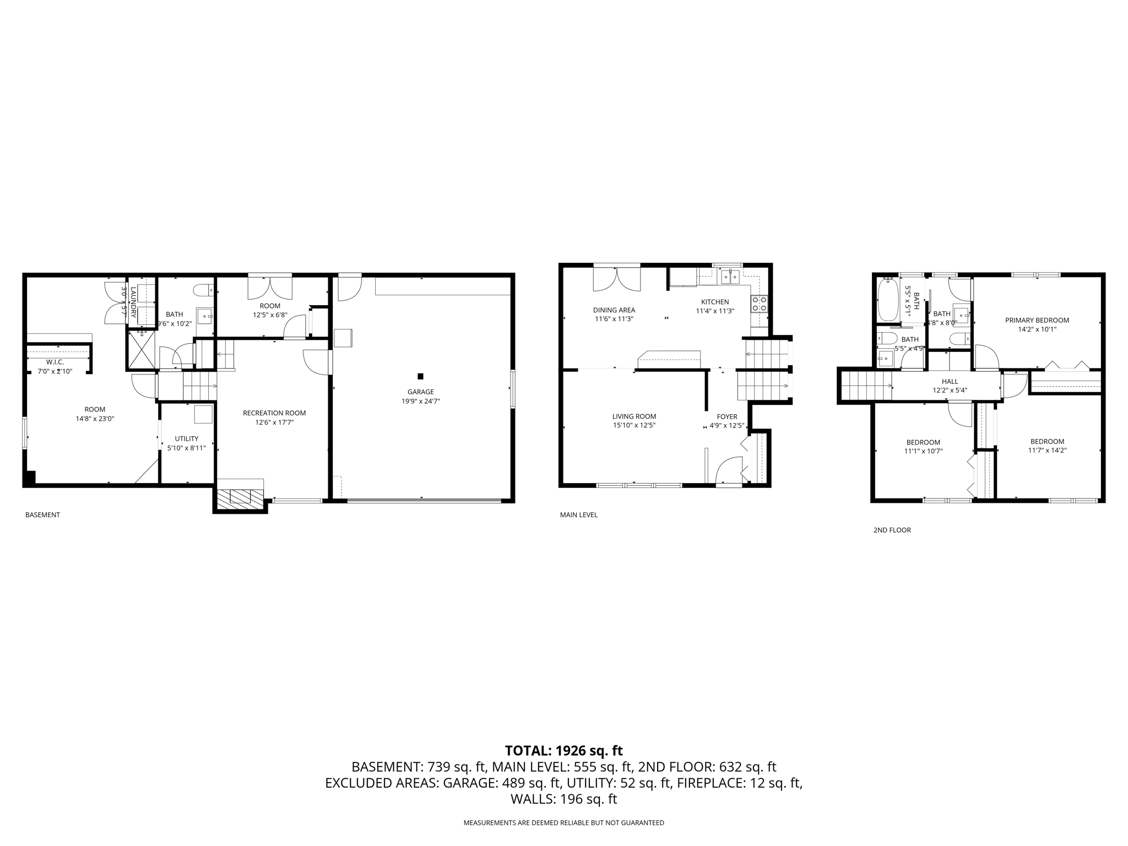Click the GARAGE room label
click(x=420, y=392)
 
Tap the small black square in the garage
click(x=420, y=377)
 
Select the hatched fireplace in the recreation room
click(x=240, y=498)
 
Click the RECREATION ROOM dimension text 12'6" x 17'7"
click(x=274, y=422)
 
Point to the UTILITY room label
click(x=186, y=439)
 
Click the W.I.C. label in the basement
click(x=55, y=362)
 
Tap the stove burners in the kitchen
click(x=760, y=304)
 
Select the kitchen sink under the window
click(x=730, y=277)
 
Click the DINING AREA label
click(x=614, y=310)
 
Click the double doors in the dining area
click(x=617, y=279)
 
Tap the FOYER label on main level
click(x=727, y=417)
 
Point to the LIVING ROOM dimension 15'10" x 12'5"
click(x=634, y=425)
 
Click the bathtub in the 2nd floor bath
click(x=887, y=300)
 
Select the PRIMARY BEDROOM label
click(x=1037, y=320)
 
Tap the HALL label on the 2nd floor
click(x=950, y=381)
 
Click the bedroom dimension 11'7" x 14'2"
click(x=1047, y=450)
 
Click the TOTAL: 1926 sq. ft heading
click(x=563, y=751)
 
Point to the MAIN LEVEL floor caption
click(x=578, y=515)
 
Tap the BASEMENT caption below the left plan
click(x=42, y=515)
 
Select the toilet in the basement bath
click(x=204, y=290)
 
